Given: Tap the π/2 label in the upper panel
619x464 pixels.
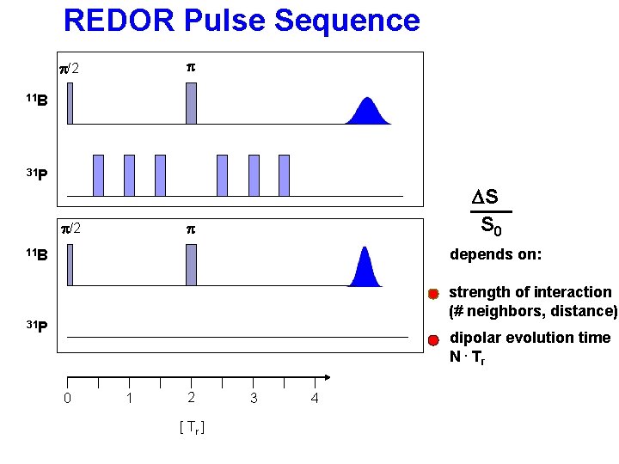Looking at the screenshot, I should pyautogui.click(x=68, y=68).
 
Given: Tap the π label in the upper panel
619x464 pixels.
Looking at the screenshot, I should pyautogui.click(x=191, y=66).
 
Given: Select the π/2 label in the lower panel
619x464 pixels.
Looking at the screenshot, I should pyautogui.click(x=70, y=229).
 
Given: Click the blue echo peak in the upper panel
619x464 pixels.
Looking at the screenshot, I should pyautogui.click(x=369, y=113).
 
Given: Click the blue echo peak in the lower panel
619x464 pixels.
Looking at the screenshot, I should pyautogui.click(x=365, y=267).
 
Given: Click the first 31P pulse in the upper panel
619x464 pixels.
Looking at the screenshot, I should pyautogui.click(x=98, y=175).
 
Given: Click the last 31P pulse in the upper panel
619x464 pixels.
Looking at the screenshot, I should pyautogui.click(x=284, y=175).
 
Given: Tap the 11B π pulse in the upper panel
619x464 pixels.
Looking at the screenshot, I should pyautogui.click(x=191, y=103).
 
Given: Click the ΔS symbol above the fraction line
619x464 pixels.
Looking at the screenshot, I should pyautogui.click(x=486, y=198).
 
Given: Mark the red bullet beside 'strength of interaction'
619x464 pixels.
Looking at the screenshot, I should pyautogui.click(x=434, y=294).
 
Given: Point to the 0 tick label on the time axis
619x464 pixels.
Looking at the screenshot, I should pyautogui.click(x=67, y=399).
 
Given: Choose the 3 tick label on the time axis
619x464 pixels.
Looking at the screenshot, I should pyautogui.click(x=253, y=399).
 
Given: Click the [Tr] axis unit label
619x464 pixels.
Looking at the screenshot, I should pyautogui.click(x=191, y=427).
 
